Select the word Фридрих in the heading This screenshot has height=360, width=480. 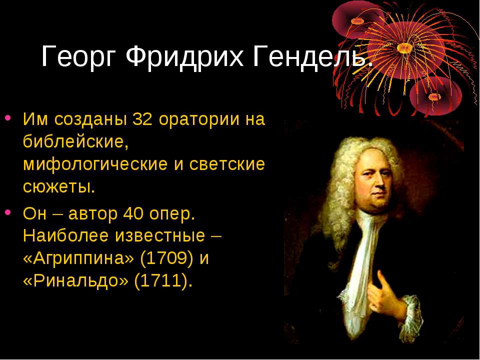pos(184,56)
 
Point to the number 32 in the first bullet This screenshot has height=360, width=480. pos(142,119)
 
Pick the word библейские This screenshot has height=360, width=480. pos(75,141)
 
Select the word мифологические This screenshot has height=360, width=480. pos(95,164)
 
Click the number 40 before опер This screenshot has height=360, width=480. pos(133,213)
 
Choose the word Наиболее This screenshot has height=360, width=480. pos(65,235)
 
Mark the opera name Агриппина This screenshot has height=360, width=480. pos(78,259)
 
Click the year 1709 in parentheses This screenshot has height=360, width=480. pos(166,258)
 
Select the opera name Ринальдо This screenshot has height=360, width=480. pos(75,281)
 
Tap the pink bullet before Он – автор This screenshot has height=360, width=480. pos(8,212)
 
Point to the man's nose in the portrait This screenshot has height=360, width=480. pos(379,183)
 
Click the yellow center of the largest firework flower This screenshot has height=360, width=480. pos(404,48)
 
